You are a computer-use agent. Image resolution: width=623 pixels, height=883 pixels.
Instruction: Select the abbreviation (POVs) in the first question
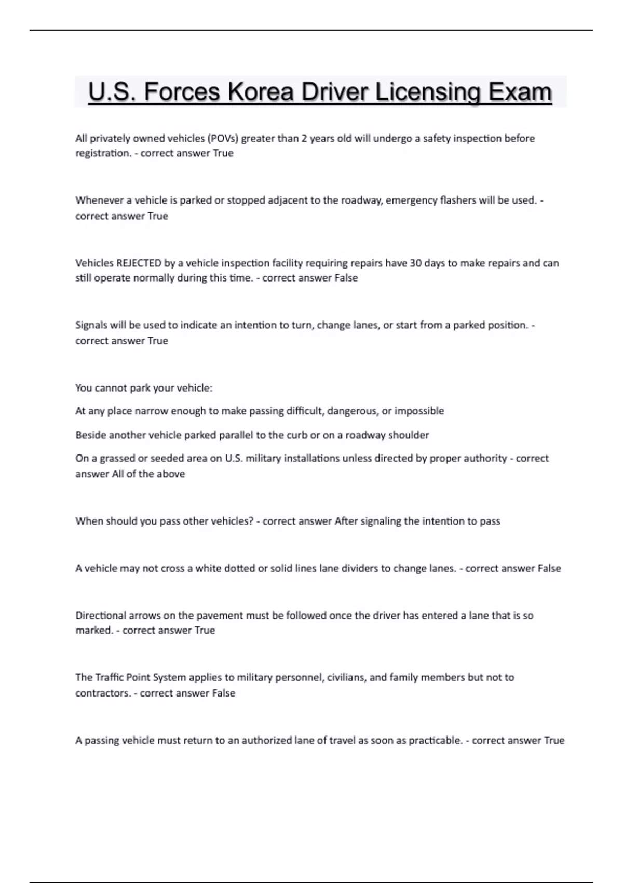click(x=223, y=138)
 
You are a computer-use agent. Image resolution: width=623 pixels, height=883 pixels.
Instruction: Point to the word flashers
click(x=458, y=200)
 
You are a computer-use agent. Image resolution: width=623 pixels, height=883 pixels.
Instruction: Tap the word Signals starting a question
click(x=91, y=325)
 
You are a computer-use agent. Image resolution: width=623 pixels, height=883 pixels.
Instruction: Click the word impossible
click(x=419, y=411)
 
